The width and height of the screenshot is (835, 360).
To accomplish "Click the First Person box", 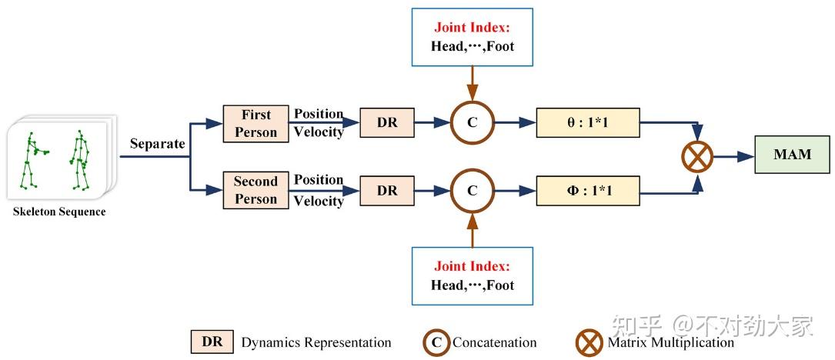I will click(x=256, y=123).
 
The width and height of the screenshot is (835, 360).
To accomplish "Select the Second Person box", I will click(x=256, y=190).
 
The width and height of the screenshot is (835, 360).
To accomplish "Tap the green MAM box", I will click(x=792, y=155).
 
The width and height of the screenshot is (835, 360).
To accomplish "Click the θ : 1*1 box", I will click(x=587, y=122).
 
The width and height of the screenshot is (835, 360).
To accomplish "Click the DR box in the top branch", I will click(x=387, y=122).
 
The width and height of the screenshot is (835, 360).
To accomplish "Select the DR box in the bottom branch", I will click(x=387, y=190).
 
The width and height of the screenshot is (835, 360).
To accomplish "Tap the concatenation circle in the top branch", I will click(x=472, y=122).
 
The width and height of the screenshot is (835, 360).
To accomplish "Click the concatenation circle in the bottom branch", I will click(x=472, y=190).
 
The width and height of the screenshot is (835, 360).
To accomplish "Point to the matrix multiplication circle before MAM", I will click(x=696, y=157).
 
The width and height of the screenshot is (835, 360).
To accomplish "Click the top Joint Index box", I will click(x=472, y=36).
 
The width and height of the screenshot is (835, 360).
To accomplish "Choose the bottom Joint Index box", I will click(x=472, y=275).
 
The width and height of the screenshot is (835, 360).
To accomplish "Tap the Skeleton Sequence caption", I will click(x=59, y=212).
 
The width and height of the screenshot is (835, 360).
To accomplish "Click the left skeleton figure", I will click(x=32, y=160).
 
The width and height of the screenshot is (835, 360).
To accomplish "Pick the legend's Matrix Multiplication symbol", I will click(x=590, y=342).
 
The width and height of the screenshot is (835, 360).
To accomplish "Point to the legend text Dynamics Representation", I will click(x=316, y=342).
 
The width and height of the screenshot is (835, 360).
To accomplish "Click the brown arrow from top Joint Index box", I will click(x=472, y=80).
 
